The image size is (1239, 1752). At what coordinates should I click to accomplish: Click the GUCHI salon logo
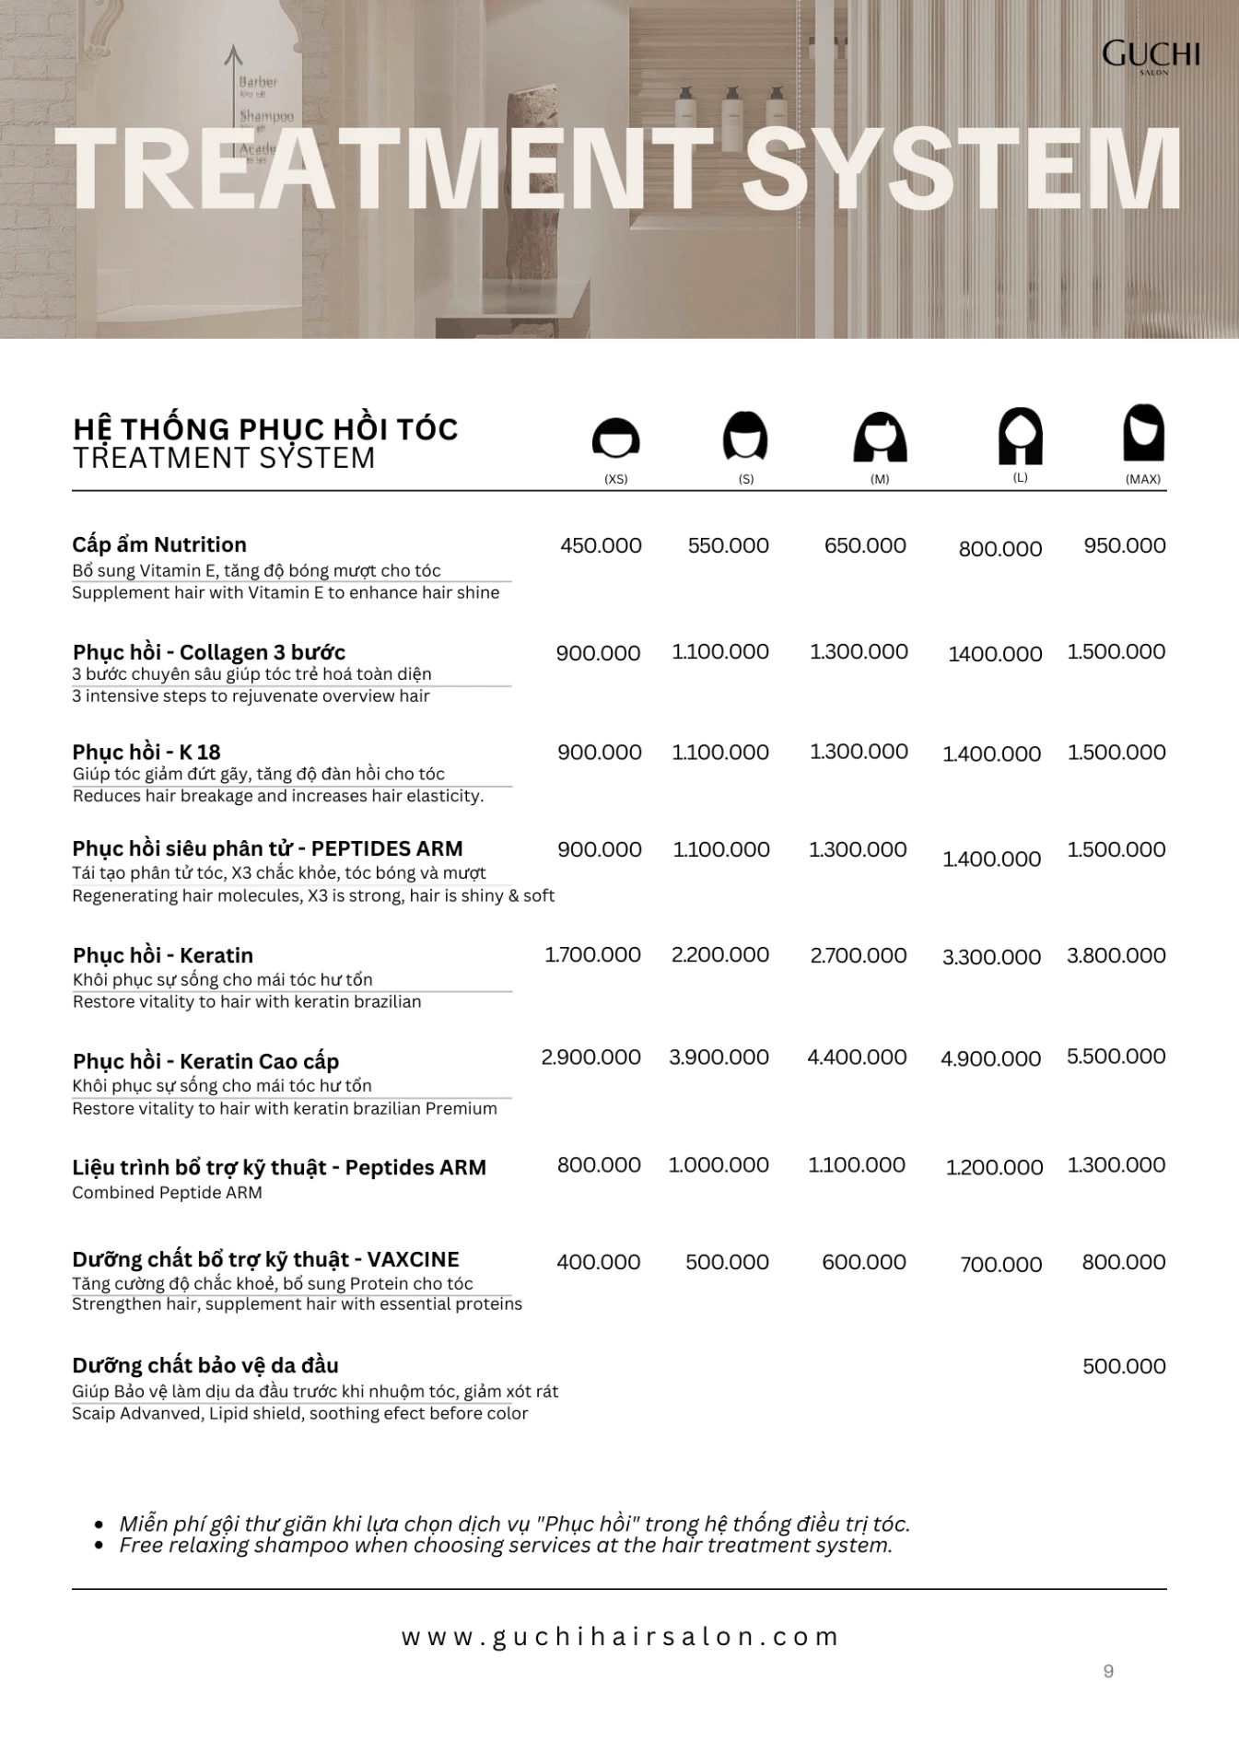pyautogui.click(x=1151, y=56)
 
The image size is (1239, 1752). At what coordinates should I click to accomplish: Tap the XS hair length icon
pyautogui.click(x=615, y=438)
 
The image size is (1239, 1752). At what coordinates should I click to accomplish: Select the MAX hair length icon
pyautogui.click(x=1143, y=433)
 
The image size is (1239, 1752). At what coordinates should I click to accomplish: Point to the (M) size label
pyautogui.click(x=880, y=480)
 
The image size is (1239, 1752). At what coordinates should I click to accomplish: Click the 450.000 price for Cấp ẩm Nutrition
pyautogui.click(x=601, y=545)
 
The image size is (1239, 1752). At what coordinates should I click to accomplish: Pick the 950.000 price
pyautogui.click(x=1125, y=545)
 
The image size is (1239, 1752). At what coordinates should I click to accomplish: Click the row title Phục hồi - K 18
pyautogui.click(x=146, y=752)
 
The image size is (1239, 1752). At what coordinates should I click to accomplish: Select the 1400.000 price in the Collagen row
pyautogui.click(x=995, y=654)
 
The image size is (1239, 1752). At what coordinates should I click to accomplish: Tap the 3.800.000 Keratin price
pyautogui.click(x=1116, y=956)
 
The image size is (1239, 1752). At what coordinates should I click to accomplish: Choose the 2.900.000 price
pyautogui.click(x=590, y=1057)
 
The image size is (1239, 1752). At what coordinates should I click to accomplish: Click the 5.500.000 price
pyautogui.click(x=1116, y=1057)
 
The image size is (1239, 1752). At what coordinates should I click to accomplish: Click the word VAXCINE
pyautogui.click(x=413, y=1259)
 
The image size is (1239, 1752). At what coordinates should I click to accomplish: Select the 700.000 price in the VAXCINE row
pyautogui.click(x=1000, y=1265)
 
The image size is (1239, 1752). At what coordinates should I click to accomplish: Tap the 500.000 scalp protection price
pyautogui.click(x=1124, y=1366)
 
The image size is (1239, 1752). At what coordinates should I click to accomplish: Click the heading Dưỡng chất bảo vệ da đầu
pyautogui.click(x=205, y=1365)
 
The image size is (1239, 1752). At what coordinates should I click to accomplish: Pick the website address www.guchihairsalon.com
pyautogui.click(x=620, y=1637)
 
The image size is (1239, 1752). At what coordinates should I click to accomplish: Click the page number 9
pyautogui.click(x=1108, y=1672)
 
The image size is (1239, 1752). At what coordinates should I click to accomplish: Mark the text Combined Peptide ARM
pyautogui.click(x=167, y=1193)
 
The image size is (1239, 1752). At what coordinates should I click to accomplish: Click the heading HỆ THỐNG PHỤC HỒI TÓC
pyautogui.click(x=265, y=429)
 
